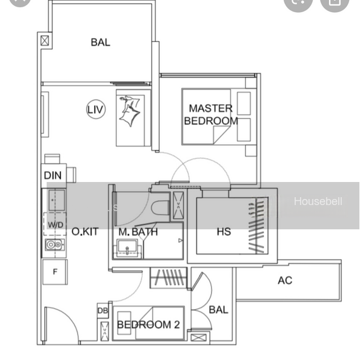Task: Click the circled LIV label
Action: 96,109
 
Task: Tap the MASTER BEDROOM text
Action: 211,115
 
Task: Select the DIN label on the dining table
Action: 53,175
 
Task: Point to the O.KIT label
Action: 85,232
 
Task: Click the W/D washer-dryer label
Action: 55,224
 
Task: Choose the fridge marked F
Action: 55,272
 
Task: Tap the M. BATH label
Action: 138,232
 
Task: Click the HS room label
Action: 224,232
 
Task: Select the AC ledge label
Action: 285,280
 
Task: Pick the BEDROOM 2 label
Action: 148,325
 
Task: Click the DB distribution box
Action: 103,311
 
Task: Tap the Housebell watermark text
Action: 318,201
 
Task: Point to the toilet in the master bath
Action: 160,207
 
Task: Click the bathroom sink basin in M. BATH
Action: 127,248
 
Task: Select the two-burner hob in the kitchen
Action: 55,244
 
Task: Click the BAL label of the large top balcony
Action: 101,42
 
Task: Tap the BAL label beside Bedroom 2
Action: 219,309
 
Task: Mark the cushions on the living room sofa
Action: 130,110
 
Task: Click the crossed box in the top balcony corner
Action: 45,41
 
